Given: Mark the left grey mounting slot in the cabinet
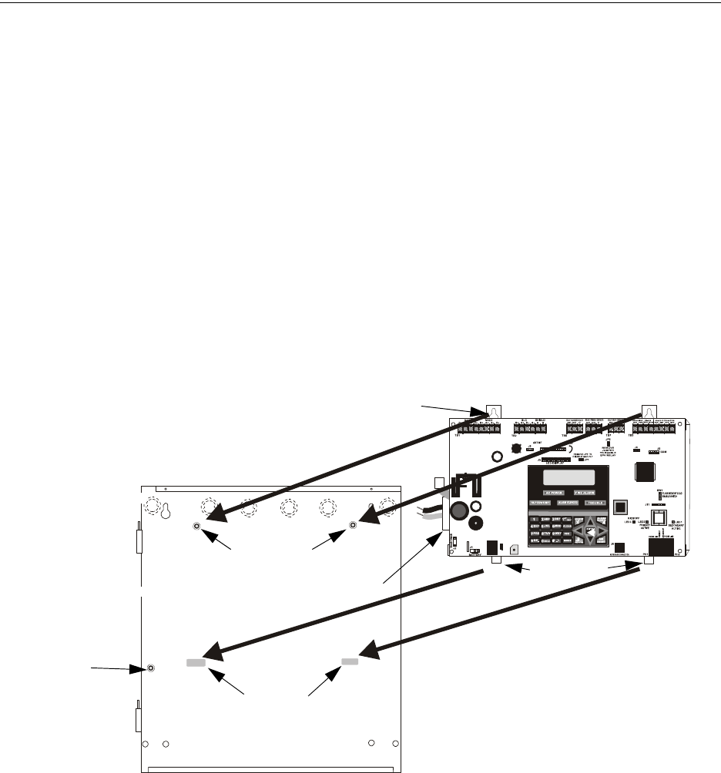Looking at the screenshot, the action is pos(195,662).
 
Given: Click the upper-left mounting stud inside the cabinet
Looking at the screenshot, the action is pos(197,526).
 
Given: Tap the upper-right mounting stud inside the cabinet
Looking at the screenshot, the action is pos(353,526).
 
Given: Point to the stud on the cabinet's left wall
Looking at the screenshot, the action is pos(151,668).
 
